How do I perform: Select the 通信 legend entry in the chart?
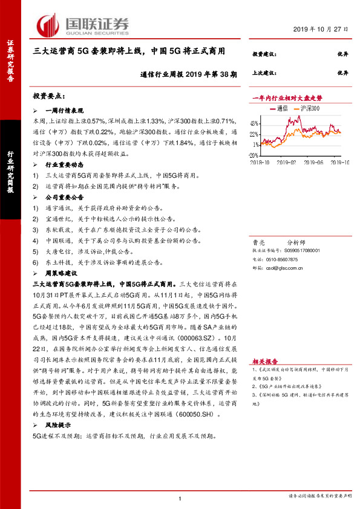pyautogui.click(x=278, y=108)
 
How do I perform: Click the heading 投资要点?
pyautogui.click(x=49, y=96)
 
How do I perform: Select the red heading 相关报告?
pyautogui.click(x=264, y=359)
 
